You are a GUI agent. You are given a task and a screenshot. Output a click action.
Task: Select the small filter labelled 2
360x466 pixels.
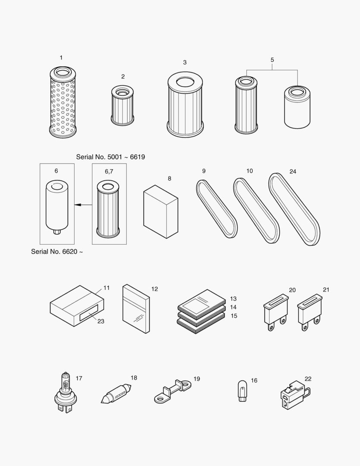[x=122, y=106]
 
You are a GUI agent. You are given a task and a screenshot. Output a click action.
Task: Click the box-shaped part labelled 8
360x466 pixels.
[x=160, y=212]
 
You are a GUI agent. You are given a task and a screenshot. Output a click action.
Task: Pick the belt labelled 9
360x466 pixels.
[x=216, y=209]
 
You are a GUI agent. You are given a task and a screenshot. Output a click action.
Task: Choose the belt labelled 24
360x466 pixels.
[x=294, y=209]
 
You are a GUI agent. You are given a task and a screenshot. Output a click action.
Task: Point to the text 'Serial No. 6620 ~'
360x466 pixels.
[x=56, y=252]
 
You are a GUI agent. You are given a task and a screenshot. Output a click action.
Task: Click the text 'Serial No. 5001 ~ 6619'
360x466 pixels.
[x=110, y=157]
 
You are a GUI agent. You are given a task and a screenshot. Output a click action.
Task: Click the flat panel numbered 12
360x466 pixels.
[x=136, y=309]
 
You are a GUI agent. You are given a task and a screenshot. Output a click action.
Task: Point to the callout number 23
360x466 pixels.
[x=101, y=321]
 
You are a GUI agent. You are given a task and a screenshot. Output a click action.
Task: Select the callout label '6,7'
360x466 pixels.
[x=109, y=171]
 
